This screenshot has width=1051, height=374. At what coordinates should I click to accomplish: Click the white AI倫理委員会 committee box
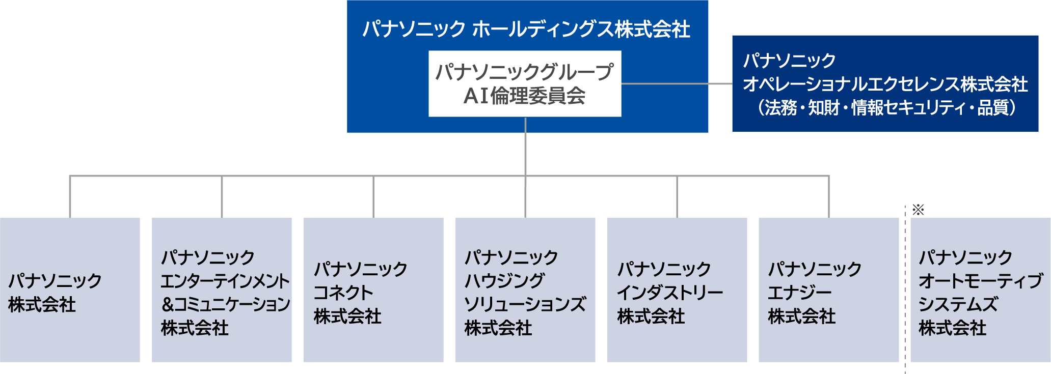(x=525, y=83)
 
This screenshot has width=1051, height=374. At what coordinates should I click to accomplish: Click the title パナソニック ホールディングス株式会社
(x=526, y=29)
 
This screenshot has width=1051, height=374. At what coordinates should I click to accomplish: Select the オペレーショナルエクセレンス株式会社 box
(x=885, y=83)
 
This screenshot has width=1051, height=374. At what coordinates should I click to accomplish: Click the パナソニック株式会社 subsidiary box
(x=70, y=290)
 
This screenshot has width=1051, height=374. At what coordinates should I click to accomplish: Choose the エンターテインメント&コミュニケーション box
(x=222, y=290)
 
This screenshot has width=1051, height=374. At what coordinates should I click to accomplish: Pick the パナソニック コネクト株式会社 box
(x=373, y=290)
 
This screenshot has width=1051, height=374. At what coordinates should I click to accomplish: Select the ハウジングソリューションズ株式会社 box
(x=525, y=290)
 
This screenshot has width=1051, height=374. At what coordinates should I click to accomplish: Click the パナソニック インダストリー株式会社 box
(x=677, y=290)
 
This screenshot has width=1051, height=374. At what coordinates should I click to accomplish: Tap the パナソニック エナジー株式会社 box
(x=828, y=290)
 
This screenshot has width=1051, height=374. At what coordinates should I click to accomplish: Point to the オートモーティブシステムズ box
(x=980, y=290)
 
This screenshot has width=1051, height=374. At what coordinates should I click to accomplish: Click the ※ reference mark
(x=918, y=210)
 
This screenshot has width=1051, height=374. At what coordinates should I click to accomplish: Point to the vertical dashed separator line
(x=905, y=290)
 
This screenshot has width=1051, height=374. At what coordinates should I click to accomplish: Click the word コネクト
(x=343, y=293)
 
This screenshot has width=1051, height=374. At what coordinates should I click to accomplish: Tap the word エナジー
(x=799, y=293)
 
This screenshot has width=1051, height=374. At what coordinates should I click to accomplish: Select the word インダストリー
(x=670, y=293)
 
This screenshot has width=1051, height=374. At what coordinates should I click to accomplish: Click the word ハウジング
(x=504, y=281)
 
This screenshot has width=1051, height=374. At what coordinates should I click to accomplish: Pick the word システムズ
(x=958, y=304)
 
